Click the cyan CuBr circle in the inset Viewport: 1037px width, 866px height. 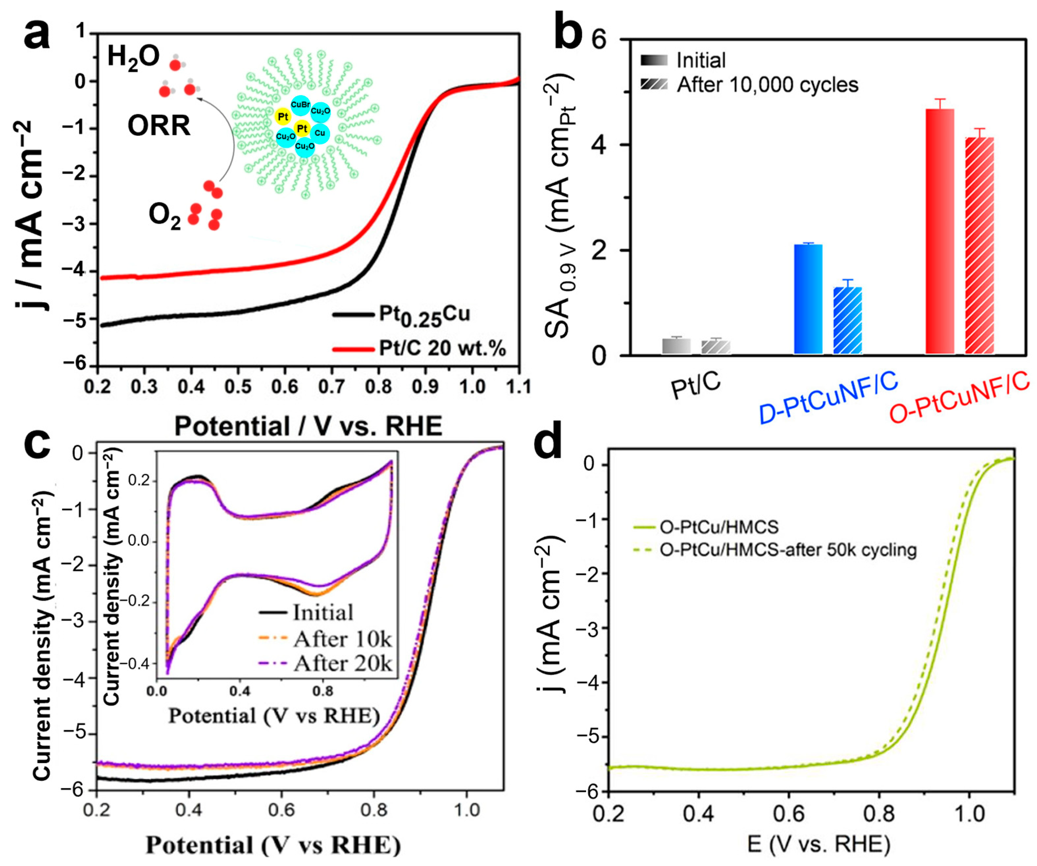[300, 105]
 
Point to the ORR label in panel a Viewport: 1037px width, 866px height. [159, 126]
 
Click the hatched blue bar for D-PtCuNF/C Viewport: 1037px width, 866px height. [848, 320]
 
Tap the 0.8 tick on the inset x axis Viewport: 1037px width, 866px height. [323, 692]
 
